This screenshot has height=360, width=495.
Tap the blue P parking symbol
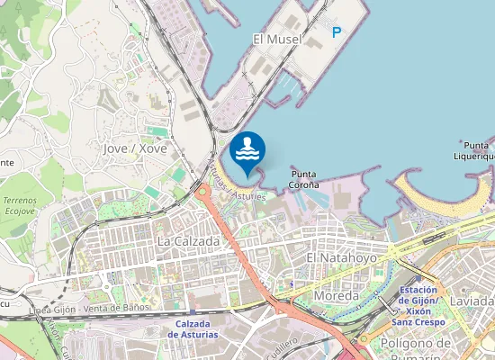(x=337, y=32)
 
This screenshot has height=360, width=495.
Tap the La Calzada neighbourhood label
(x=188, y=242)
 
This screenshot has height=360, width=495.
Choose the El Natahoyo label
(x=339, y=257)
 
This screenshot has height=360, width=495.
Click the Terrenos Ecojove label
(x=22, y=203)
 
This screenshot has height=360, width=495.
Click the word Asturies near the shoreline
(x=249, y=194)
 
